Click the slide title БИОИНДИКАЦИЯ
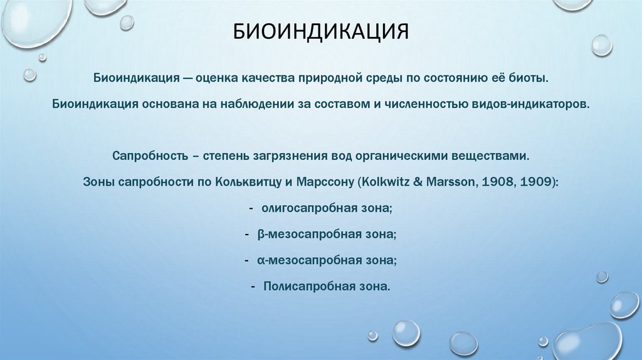pyautogui.click(x=321, y=31)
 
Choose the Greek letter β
pyautogui.click(x=260, y=234)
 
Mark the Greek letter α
pyautogui.click(x=260, y=260)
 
